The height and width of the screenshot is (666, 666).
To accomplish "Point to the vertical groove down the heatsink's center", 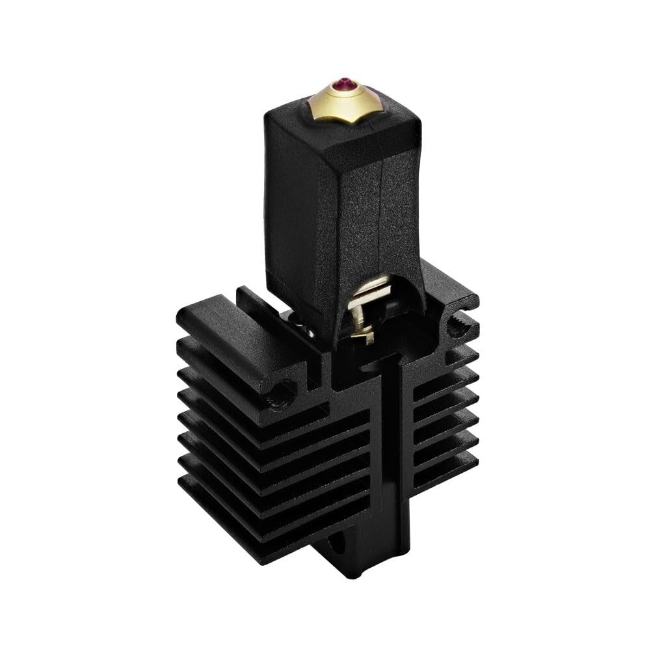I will (394, 455).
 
